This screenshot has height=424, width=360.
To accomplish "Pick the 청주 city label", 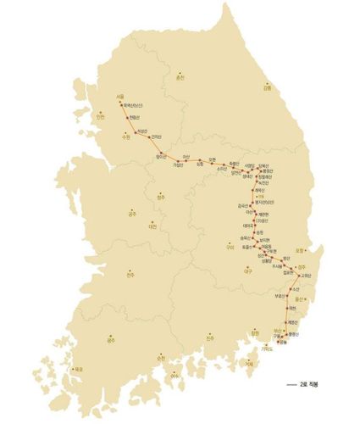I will [x=161, y=197].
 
